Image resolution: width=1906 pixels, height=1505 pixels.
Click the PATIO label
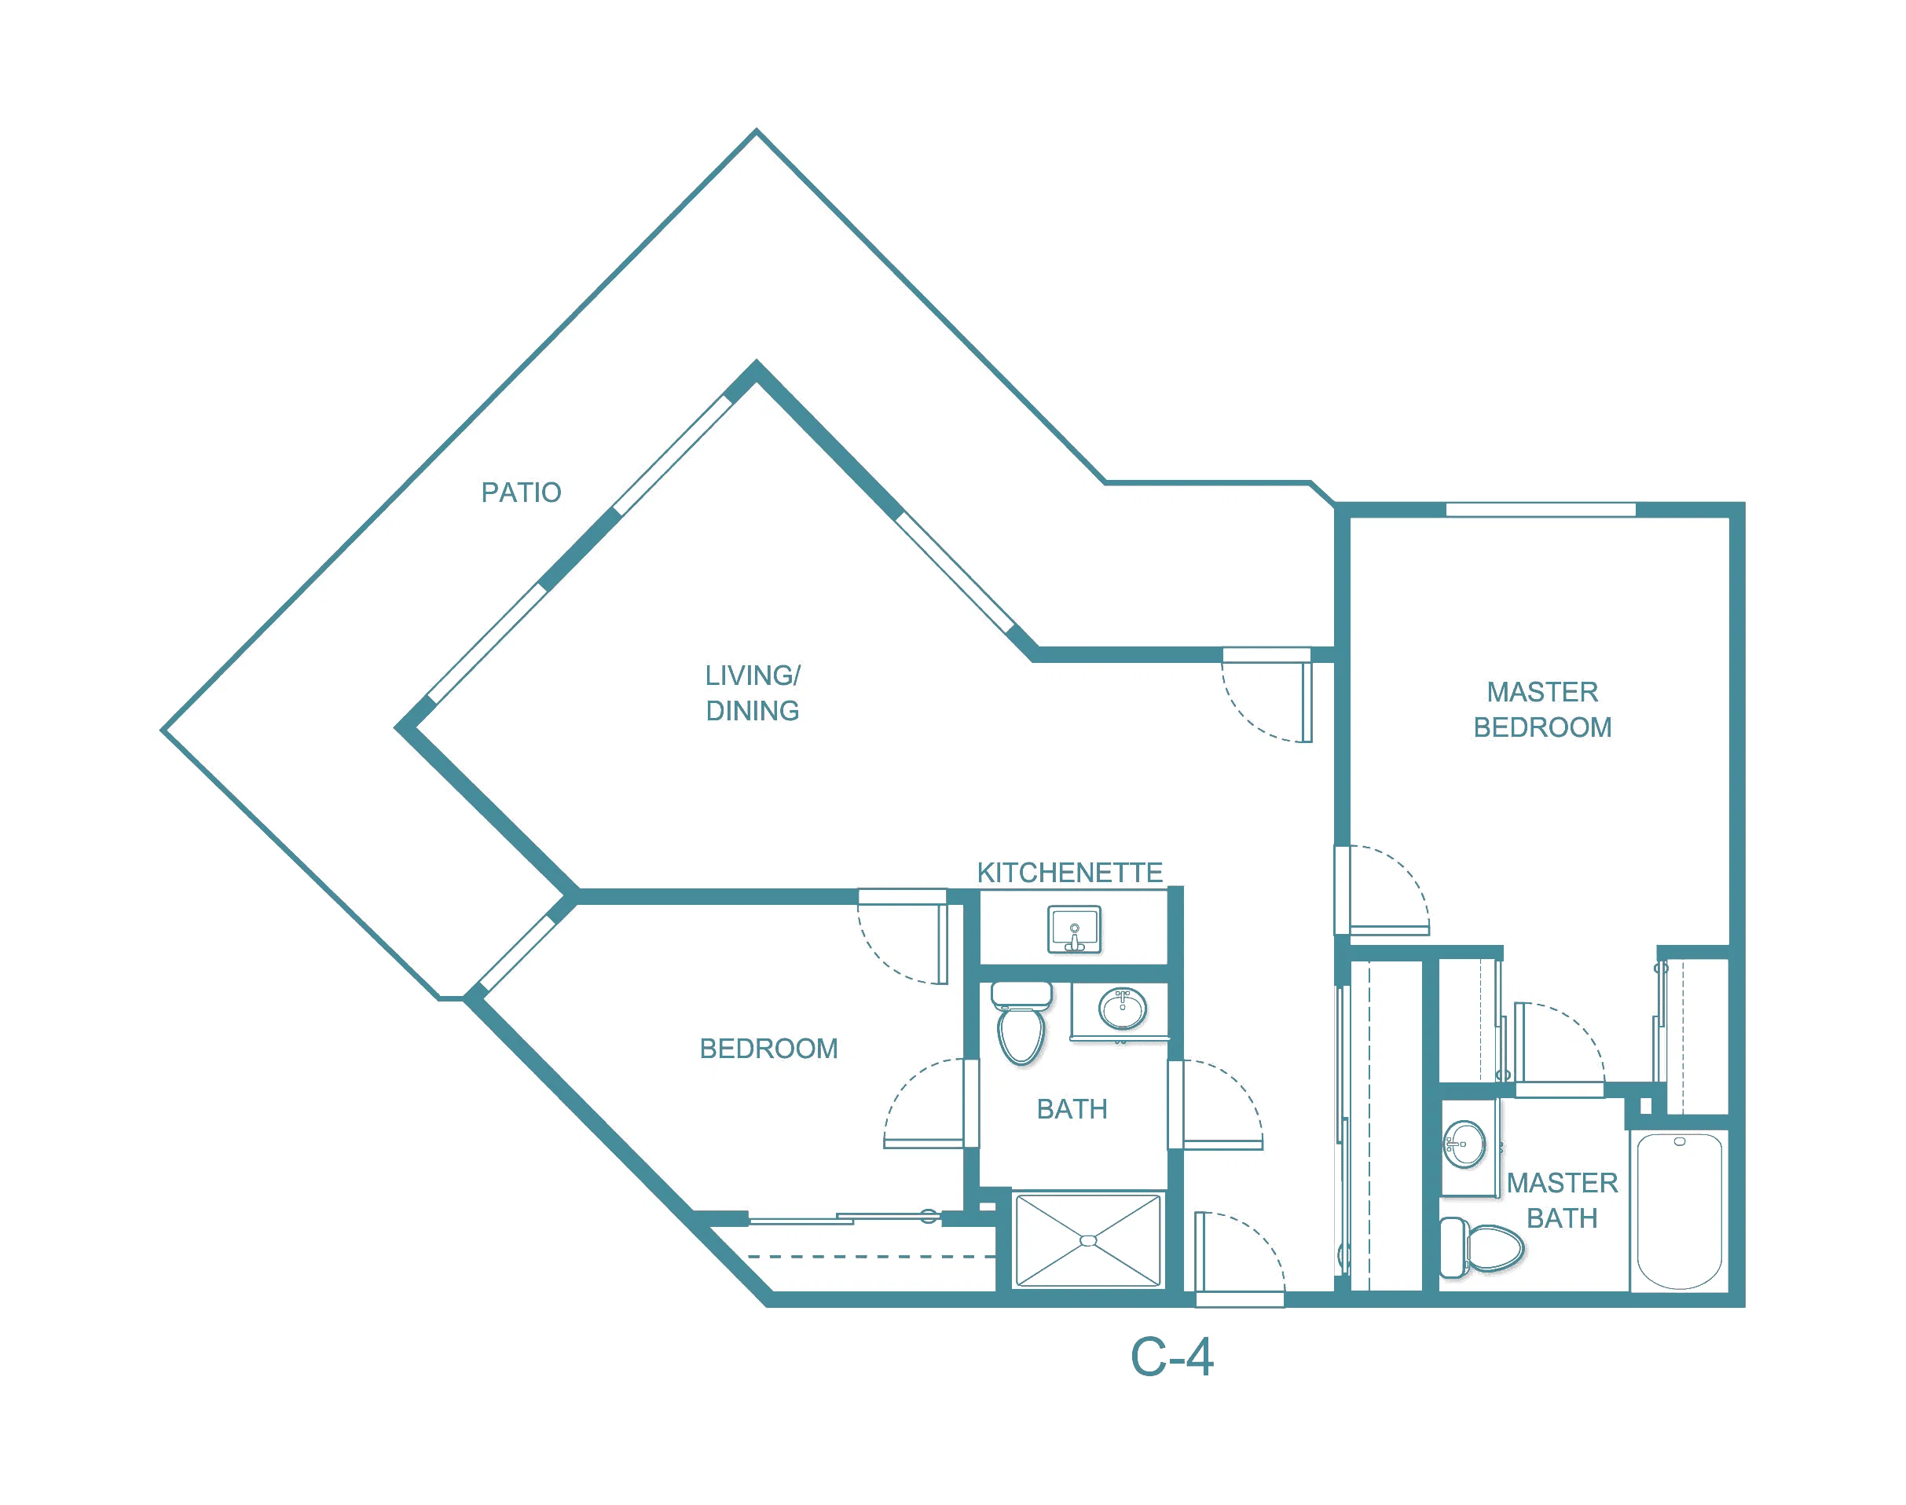521,493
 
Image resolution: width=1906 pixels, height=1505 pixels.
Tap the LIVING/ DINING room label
753,694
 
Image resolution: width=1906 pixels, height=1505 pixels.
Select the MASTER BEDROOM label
1542,709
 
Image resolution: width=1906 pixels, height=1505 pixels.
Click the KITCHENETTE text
1070,873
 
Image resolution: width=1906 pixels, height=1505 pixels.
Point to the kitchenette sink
1074,929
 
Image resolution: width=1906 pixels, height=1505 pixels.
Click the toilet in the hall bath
1021,1022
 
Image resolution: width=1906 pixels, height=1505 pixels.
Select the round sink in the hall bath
1122,1008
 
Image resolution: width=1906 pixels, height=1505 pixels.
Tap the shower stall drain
1088,1240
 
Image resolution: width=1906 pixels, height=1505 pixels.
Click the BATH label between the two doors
1072,1109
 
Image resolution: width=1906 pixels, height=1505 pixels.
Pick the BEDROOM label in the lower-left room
768,1049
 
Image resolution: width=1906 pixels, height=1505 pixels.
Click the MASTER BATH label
1563,1200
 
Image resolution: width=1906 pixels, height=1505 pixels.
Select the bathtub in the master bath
1680,1211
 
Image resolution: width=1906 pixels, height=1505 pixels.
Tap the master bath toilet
1481,1247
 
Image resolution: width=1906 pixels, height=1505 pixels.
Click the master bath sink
1464,1144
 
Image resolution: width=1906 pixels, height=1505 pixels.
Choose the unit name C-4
1171,1357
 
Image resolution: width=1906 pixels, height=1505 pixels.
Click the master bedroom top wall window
1541,509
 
